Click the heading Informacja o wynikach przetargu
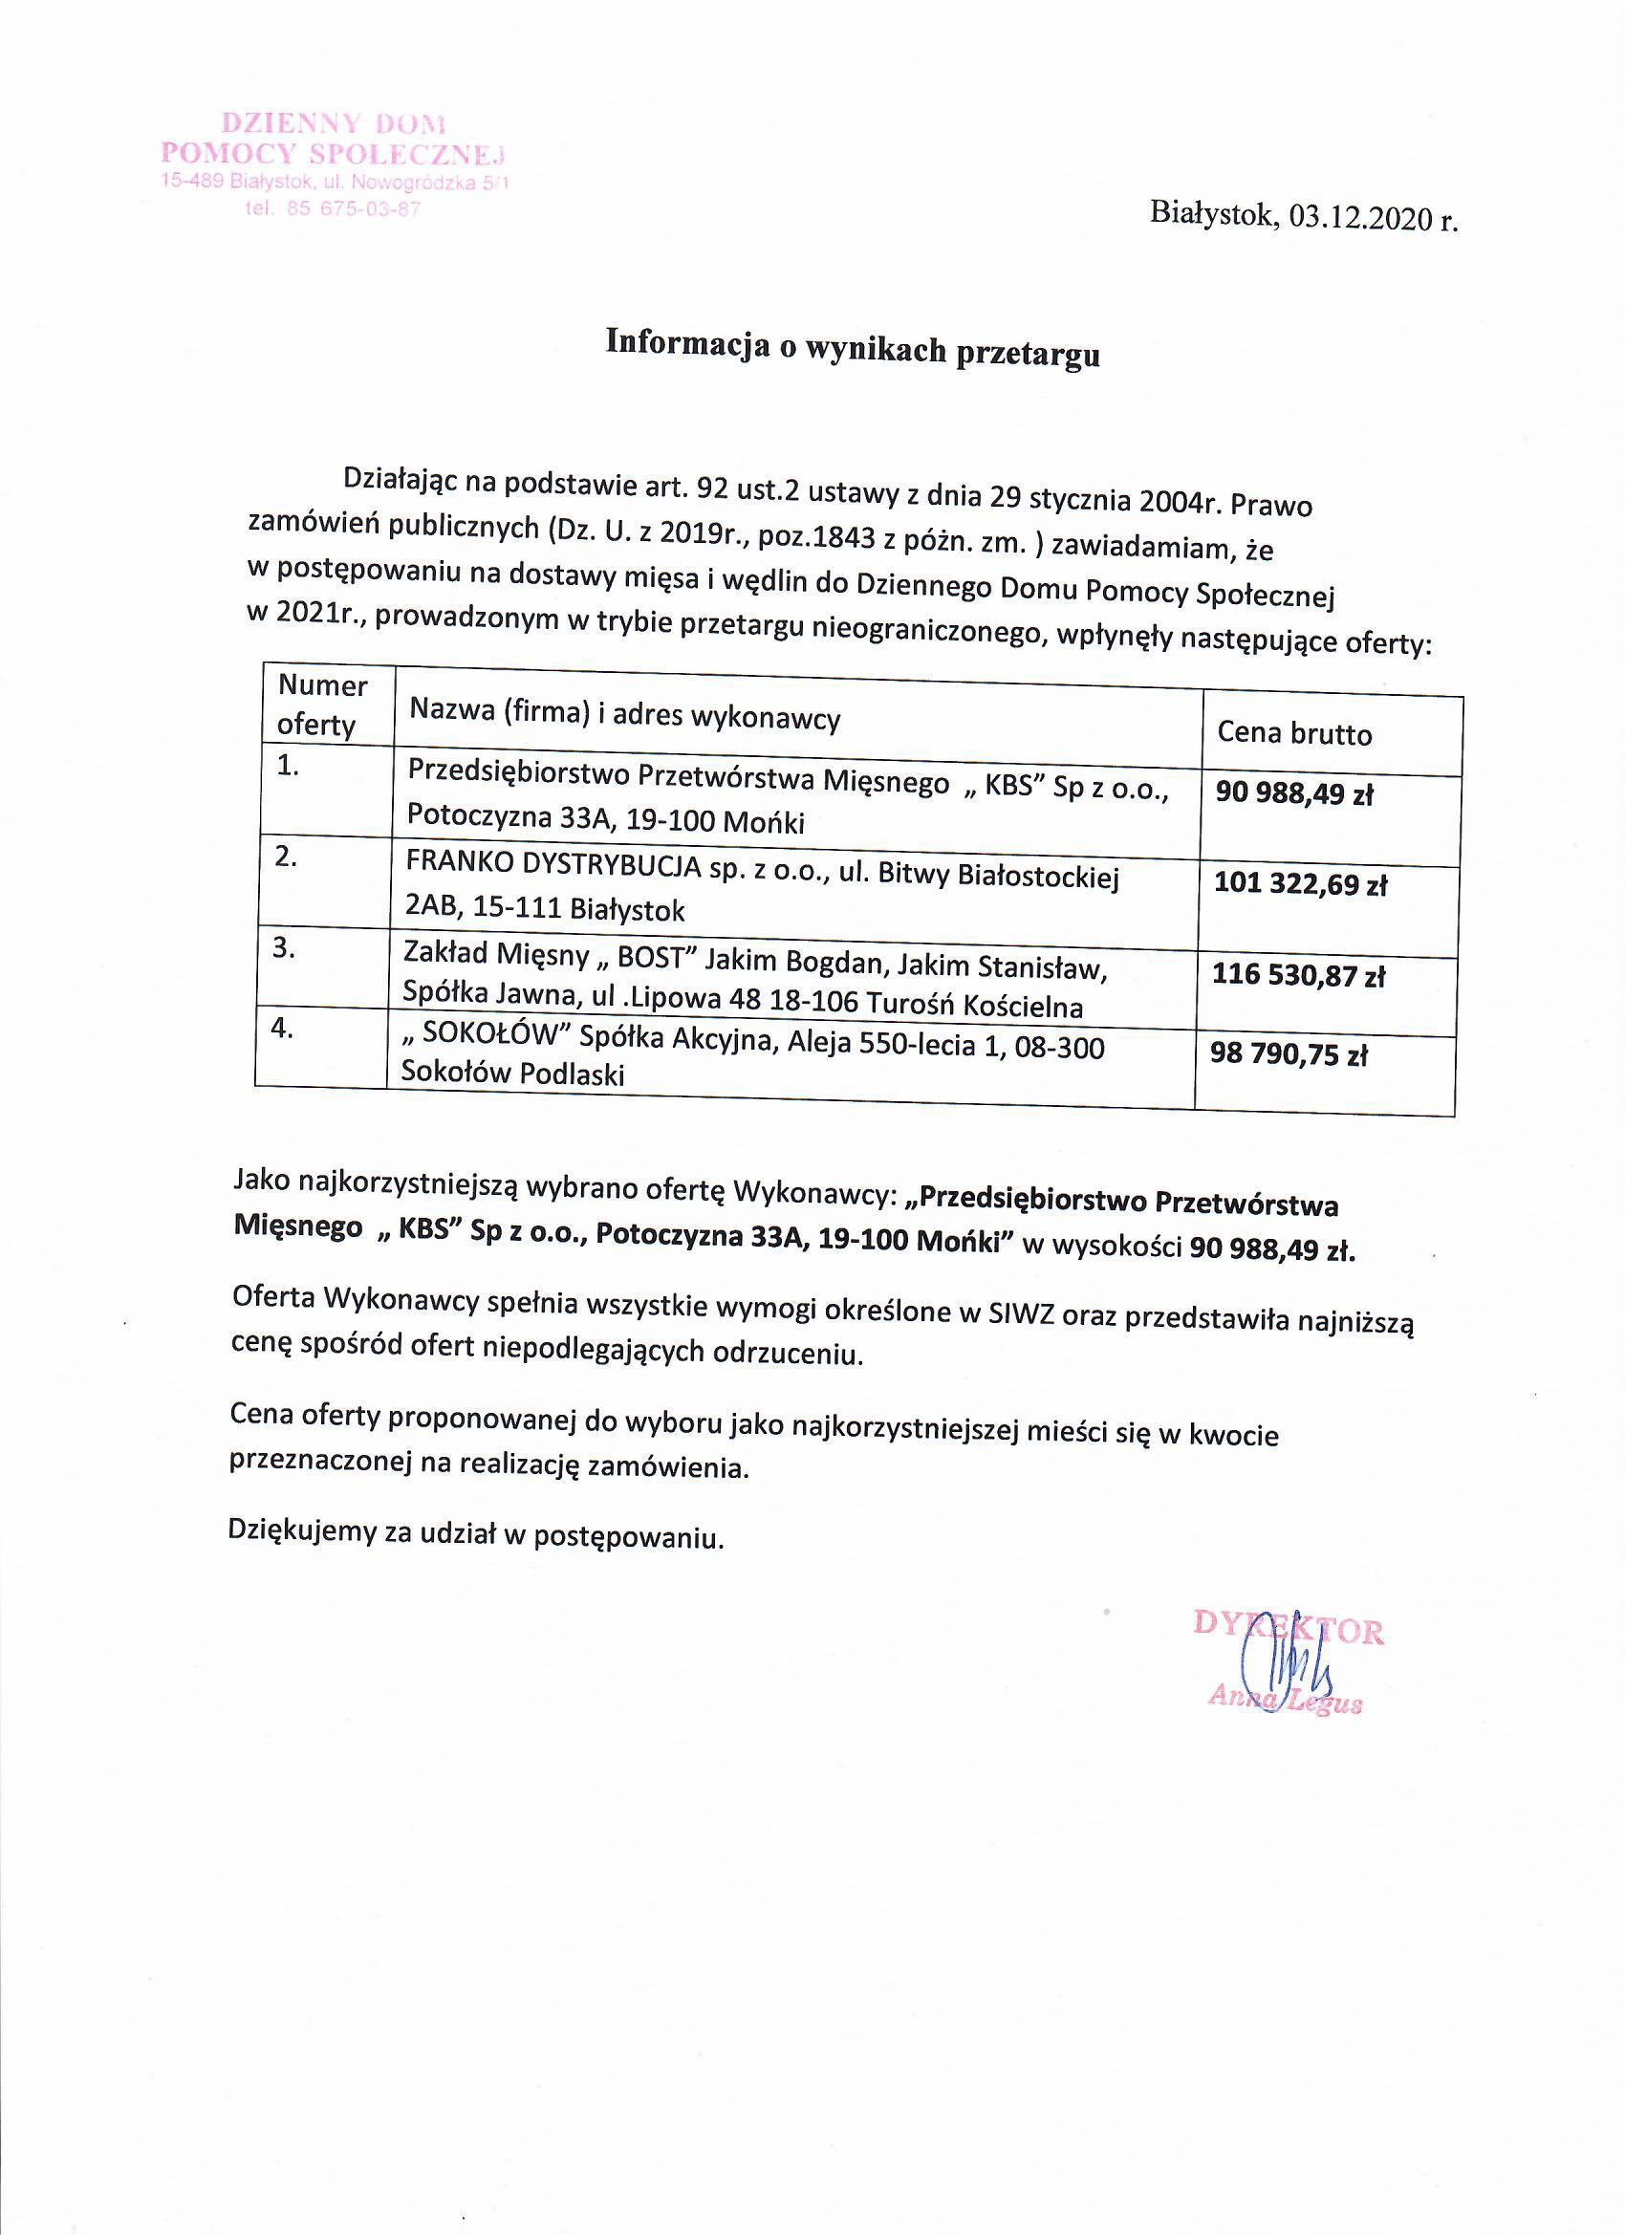coord(853,348)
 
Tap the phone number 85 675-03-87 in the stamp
coord(354,209)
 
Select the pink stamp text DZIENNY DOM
coord(333,124)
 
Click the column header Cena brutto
coord(1294,733)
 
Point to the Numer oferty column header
coord(321,705)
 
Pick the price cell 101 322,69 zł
coord(1300,883)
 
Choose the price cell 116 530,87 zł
coord(1299,975)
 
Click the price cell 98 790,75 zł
coord(1289,1054)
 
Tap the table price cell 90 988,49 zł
coord(1294,793)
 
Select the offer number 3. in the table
coord(284,948)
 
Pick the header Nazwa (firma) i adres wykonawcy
coord(625,713)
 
